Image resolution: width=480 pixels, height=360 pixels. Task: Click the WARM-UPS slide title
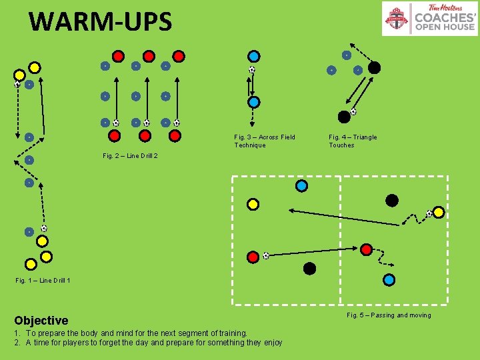tap(100, 21)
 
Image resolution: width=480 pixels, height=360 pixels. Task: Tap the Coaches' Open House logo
tap(429, 19)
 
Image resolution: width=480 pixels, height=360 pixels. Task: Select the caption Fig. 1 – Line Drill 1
tap(43, 280)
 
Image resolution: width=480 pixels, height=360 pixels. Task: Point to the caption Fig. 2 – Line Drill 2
tap(130, 155)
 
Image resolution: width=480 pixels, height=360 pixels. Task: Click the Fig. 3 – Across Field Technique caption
tap(264, 141)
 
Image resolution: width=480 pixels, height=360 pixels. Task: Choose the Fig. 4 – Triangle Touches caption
tap(352, 141)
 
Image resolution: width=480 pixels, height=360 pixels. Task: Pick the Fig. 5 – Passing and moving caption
tap(389, 315)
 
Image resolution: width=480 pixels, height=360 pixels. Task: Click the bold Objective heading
tap(41, 321)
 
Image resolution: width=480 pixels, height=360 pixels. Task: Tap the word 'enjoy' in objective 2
tap(271, 343)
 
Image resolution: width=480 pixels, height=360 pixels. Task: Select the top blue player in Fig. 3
tap(254, 56)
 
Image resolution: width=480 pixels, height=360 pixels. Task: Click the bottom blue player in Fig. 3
tap(254, 102)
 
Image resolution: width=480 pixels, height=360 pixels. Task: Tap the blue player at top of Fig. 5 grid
tap(302, 186)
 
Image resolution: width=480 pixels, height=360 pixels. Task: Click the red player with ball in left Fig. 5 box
tap(253, 257)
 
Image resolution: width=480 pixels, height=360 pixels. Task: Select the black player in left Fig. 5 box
tap(309, 268)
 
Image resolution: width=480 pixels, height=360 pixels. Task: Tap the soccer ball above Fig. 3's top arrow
tap(252, 69)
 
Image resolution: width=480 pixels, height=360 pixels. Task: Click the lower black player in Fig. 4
tap(344, 117)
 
